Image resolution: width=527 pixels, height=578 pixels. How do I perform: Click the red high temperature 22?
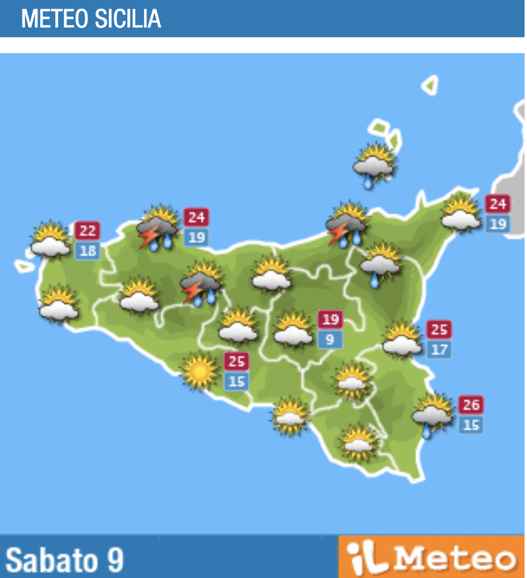tap(88, 230)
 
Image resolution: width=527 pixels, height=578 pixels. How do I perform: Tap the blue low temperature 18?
tap(88, 251)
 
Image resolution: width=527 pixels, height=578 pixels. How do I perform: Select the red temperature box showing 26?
tap(471, 405)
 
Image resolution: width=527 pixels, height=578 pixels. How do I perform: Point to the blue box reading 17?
tap(439, 349)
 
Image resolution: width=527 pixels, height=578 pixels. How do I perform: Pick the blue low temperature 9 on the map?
tap(330, 340)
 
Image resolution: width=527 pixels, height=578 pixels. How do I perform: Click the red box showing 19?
tap(330, 320)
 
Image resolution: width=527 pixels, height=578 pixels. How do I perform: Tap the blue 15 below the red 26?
tap(471, 425)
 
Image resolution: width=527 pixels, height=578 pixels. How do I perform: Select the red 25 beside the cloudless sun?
tap(236, 361)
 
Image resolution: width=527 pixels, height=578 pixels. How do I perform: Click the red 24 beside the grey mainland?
tap(497, 204)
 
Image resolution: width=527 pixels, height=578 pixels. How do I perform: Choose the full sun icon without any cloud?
tap(199, 371)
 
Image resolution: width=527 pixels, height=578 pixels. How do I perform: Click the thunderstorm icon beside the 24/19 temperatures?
tap(157, 228)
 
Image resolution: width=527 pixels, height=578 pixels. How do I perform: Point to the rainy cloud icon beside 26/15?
tap(432, 414)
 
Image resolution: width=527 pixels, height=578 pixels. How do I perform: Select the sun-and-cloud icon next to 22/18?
tap(51, 241)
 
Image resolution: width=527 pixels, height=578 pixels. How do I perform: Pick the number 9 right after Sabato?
tap(115, 559)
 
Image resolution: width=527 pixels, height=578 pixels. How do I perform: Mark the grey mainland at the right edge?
tap(515, 172)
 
